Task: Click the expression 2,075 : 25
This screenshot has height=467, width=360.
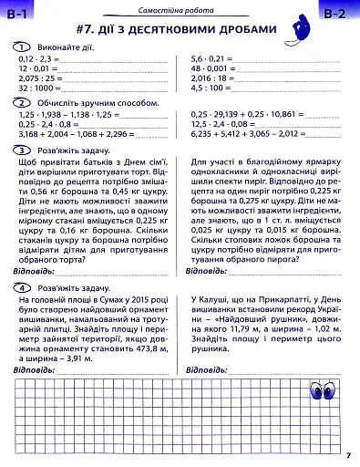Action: coord(37,78)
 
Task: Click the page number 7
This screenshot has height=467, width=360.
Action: coord(349,456)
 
